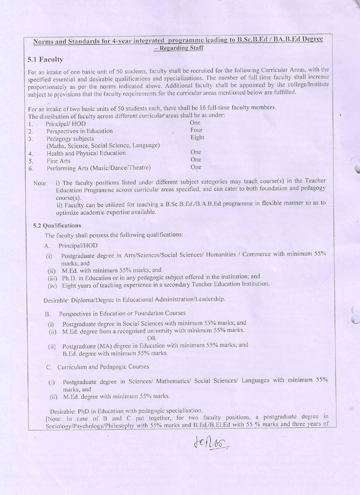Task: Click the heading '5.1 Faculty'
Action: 45,59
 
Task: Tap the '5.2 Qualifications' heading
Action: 57,225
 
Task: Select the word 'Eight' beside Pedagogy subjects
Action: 197,137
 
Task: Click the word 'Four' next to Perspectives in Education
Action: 196,130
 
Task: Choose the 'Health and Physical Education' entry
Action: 86,153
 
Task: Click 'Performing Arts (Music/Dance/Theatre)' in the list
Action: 99,168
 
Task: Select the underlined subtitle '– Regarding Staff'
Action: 178,48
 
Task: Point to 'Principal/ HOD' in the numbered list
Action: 66,124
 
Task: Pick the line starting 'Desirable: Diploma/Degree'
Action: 134,300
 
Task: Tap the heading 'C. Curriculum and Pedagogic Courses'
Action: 97,367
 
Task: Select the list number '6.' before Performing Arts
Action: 31,168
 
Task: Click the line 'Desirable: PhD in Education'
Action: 126,410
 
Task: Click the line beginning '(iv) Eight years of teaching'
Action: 158,284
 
